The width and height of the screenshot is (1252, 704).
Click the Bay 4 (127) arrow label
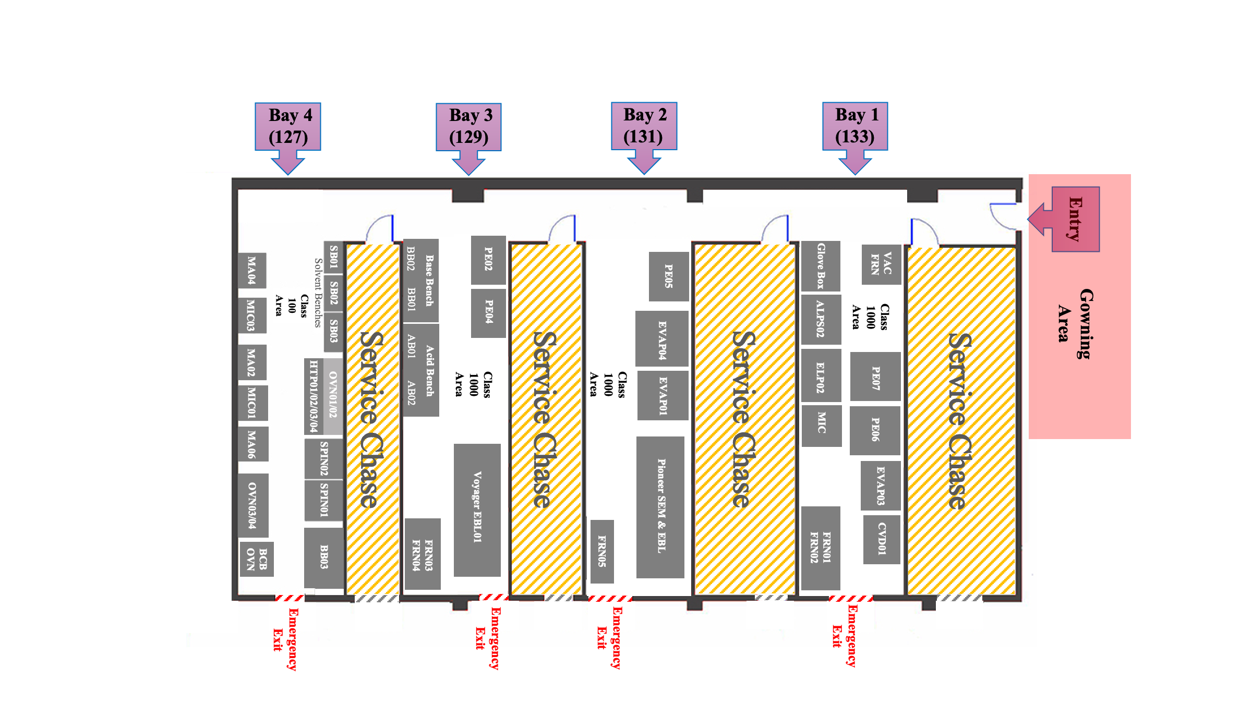coord(287,127)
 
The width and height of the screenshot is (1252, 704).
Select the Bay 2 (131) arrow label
coord(644,126)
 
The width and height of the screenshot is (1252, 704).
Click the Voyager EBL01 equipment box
coord(477,509)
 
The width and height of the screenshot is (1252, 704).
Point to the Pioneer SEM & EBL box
coord(660,507)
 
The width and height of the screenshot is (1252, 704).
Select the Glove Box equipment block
coord(821,266)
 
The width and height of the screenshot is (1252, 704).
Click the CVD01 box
coord(881,539)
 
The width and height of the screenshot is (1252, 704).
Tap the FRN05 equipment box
coord(602,551)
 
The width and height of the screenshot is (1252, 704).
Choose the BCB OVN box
coord(257,559)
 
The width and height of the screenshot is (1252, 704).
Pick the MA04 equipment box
coord(252,270)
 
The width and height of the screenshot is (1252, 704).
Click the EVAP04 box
coord(661,339)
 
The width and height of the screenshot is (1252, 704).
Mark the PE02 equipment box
coord(488,260)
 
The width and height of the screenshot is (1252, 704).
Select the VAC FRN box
coord(881,264)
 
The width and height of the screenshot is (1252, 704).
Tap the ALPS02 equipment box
coord(821,319)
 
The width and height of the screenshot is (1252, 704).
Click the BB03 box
coord(324,557)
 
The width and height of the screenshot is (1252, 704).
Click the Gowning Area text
coord(1075,323)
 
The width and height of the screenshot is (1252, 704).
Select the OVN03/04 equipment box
coord(253,505)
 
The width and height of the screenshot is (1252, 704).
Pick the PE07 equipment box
coord(875,377)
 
